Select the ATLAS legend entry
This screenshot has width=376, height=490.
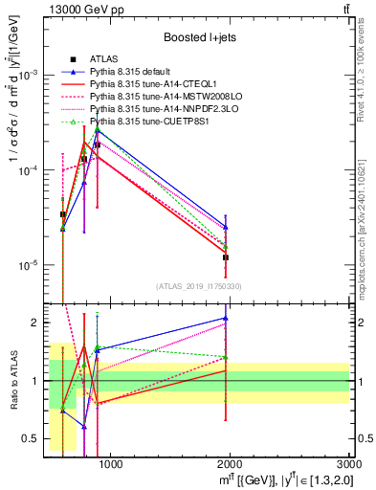pos(106,60)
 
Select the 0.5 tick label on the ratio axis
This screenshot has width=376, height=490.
pos(33,438)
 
